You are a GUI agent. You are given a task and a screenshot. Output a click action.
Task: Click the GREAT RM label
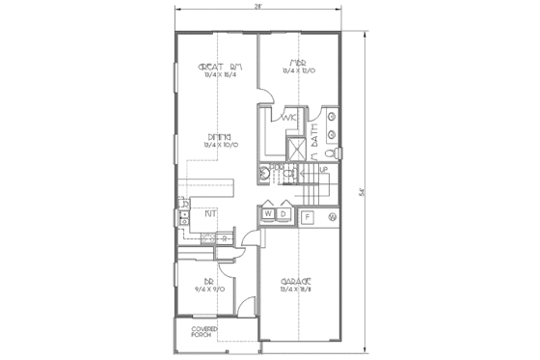pos(218,67)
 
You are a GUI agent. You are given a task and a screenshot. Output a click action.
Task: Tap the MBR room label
pos(298,64)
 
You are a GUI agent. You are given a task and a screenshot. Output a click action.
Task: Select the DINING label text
pos(217,137)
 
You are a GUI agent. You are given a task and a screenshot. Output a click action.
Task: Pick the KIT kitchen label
pos(210,211)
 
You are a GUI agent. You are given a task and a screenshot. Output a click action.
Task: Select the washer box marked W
pos(270,213)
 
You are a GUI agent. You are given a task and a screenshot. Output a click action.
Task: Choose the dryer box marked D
pos(284,213)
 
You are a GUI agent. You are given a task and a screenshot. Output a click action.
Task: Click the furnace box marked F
pos(308,217)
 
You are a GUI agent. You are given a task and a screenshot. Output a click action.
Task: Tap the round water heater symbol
pos(331,217)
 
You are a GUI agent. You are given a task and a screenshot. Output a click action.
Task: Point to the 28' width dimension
pos(257,7)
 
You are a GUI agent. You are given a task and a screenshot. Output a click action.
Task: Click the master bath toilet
pos(329,152)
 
